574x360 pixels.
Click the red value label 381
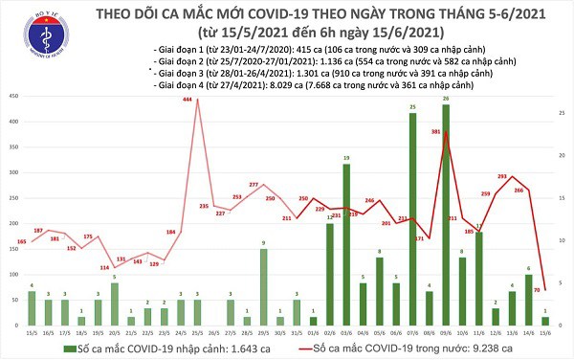[436, 131]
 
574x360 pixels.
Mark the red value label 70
[539, 288]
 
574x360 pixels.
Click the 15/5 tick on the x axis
[31, 333]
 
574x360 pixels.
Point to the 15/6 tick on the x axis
[545, 333]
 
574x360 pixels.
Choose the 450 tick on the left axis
[11, 96]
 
